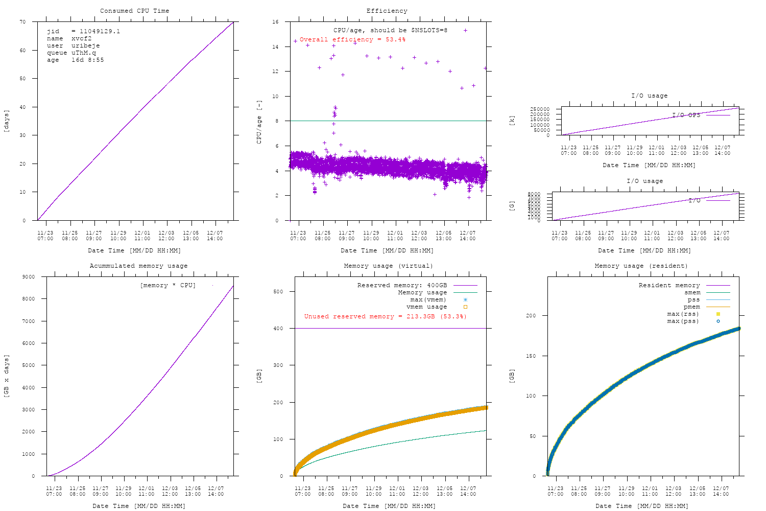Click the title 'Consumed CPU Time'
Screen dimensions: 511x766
134,11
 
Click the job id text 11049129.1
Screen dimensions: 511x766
100,31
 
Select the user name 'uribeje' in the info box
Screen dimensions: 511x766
85,45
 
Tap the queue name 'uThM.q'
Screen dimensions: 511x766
83,53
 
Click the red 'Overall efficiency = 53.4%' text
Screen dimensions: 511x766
352,39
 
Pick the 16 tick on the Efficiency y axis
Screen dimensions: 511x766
275,22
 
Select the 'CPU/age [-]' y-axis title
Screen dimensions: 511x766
259,122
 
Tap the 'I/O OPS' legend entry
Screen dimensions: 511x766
686,115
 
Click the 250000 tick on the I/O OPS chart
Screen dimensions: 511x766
539,109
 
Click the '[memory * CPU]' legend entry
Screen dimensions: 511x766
167,285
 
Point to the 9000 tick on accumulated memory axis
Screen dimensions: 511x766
28,277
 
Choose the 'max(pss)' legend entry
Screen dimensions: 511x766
683,321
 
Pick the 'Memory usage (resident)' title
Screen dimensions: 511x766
641,266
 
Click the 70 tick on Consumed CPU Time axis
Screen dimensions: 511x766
22,22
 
